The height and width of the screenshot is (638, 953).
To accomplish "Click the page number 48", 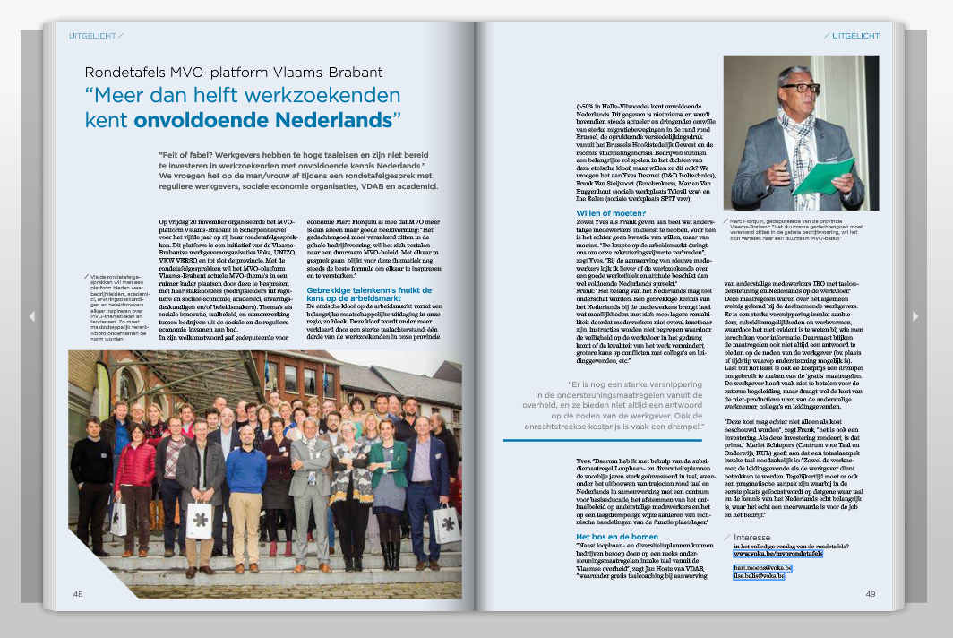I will pos(78,593).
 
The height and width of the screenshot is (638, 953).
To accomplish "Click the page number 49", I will pos(870,593).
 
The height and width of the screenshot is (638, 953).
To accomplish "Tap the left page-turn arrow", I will pos(32,316).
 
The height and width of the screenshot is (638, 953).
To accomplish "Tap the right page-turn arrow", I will pos(915,316).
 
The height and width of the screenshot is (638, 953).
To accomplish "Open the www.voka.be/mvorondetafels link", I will pos(777,555).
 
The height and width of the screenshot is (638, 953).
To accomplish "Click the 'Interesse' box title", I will pos(763,537).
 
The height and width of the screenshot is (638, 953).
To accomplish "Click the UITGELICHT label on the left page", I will pos(92,36).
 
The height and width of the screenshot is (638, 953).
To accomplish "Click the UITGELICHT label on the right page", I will pos(854,36).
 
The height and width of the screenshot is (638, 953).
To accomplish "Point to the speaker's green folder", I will pos(823,177).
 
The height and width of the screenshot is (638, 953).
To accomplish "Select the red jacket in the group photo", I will pos(134,466).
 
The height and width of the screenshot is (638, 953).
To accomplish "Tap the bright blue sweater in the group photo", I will pos(245,470).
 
